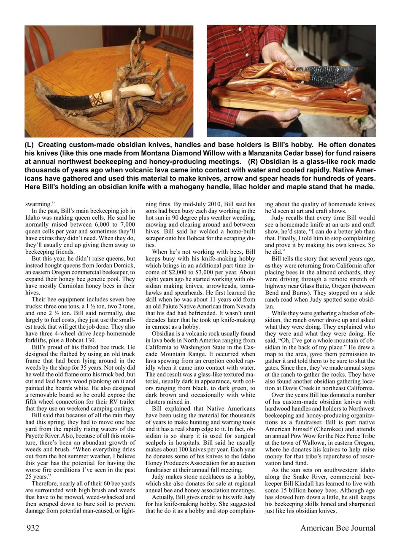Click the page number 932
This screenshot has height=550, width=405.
(32, 528)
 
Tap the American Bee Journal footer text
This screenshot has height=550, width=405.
(337, 528)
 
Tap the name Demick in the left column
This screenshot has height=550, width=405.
(125, 265)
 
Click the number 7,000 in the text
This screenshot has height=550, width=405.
(126, 225)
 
